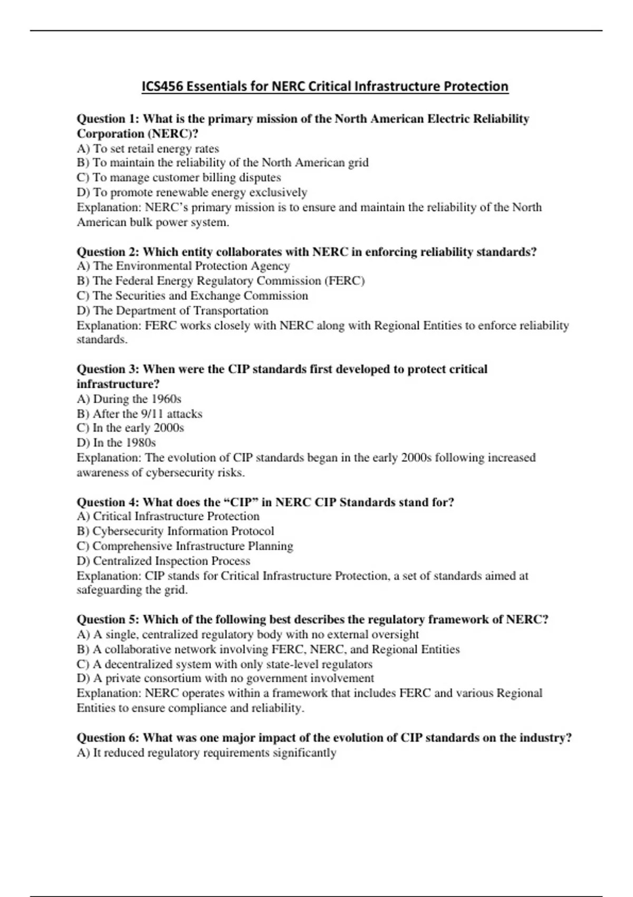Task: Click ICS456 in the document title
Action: [162, 87]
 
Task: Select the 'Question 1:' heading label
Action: [108, 119]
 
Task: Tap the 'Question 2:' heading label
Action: [108, 252]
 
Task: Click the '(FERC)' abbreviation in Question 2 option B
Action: [346, 281]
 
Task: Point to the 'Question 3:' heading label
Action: [108, 369]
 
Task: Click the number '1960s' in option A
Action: [166, 399]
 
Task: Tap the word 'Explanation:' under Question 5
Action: [109, 693]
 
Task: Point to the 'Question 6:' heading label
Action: [108, 737]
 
